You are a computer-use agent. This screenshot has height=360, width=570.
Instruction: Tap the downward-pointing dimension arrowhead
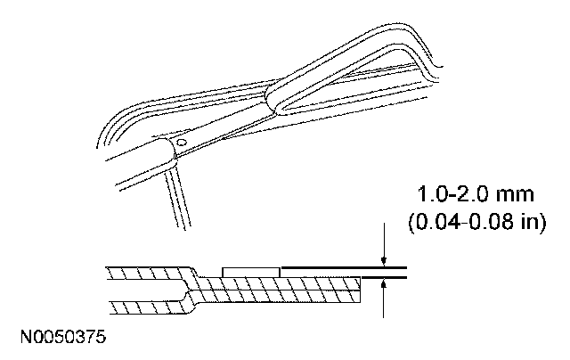tap(383, 259)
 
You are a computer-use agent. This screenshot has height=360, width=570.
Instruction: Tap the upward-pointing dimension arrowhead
tap(383, 284)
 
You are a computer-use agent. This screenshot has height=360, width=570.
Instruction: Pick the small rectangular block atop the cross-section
tap(250, 270)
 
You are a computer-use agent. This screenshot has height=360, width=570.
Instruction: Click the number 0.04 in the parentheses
tap(439, 220)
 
